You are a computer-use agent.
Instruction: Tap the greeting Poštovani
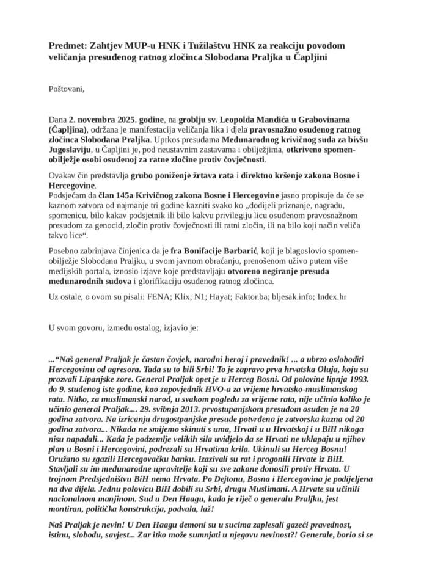[67, 89]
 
